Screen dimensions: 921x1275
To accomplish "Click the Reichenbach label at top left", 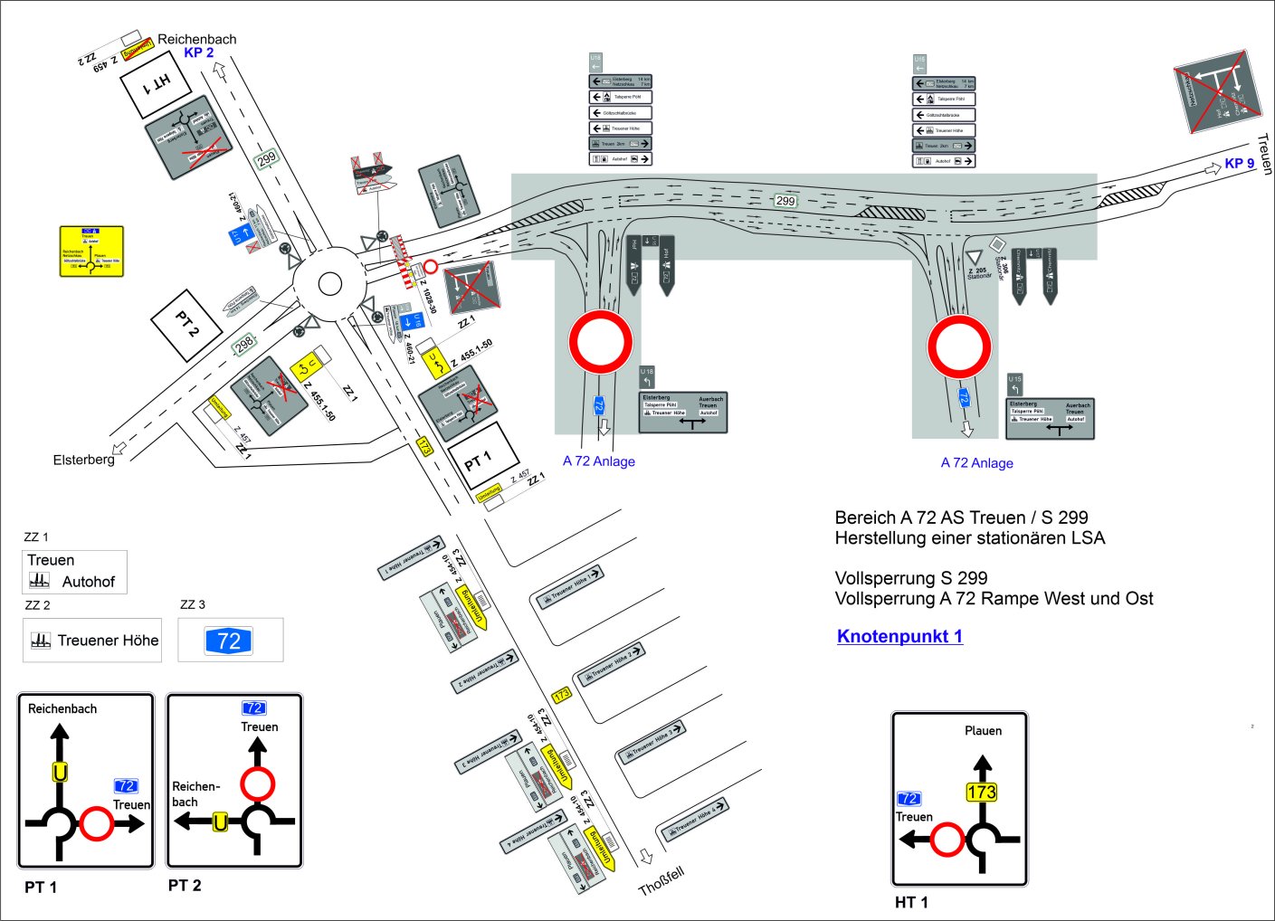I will click(196, 39).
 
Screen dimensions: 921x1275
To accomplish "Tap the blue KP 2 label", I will click(199, 52).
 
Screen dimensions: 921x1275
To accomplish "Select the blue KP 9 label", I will click(1239, 164).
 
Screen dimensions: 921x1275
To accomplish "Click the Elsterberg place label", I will click(83, 460).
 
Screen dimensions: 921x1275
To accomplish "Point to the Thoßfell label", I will click(661, 880).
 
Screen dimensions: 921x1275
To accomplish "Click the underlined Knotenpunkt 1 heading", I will click(899, 636).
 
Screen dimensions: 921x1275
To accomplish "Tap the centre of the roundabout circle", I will click(330, 284).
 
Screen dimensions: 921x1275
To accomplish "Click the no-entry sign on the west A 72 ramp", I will click(600, 342).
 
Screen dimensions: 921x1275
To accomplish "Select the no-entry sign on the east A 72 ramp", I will click(959, 347).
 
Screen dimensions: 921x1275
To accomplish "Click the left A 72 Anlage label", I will click(598, 461).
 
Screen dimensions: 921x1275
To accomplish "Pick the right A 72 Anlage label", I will click(976, 463).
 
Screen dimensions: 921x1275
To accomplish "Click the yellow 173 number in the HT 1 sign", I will click(981, 793).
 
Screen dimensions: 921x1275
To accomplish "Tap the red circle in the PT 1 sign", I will click(96, 823).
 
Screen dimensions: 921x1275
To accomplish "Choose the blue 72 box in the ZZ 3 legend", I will click(229, 641).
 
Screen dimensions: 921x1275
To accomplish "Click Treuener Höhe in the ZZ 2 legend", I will click(108, 641).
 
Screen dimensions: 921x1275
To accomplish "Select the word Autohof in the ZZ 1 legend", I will click(88, 582).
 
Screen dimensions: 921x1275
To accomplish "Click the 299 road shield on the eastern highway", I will click(785, 201).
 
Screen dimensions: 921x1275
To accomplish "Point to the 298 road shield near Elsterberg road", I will click(244, 345).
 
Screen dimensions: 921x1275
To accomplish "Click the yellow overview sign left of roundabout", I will click(91, 251).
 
